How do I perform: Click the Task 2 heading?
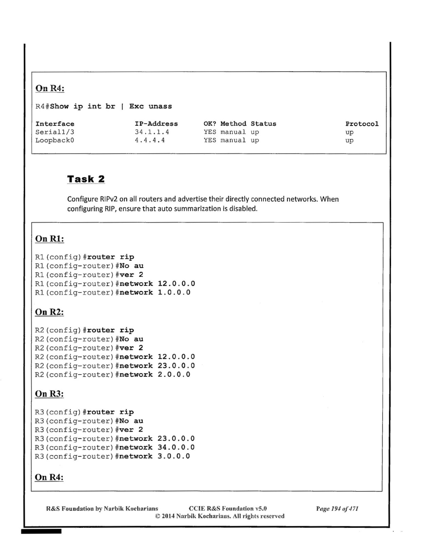[x=86, y=179]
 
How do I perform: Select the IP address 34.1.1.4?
[x=152, y=132]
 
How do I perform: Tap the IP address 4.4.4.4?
[x=150, y=140]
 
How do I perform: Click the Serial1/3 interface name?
[x=55, y=132]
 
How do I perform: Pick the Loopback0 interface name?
[x=55, y=140]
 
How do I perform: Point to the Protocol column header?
[x=362, y=124]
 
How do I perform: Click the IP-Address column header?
[x=156, y=124]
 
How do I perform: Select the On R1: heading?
[x=50, y=239]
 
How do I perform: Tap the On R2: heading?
[x=49, y=312]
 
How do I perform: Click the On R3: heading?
[x=49, y=394]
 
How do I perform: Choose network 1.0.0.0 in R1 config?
[x=155, y=293]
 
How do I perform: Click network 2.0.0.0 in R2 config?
[x=155, y=375]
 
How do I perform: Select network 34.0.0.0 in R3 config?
[x=157, y=447]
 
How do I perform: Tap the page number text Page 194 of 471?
[x=337, y=509]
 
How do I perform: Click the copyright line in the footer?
[x=219, y=516]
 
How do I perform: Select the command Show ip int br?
[x=83, y=106]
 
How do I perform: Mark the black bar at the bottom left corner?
[x=41, y=531]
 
